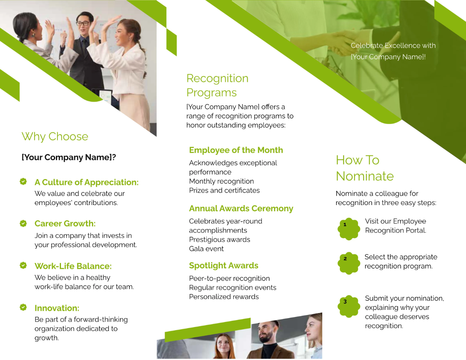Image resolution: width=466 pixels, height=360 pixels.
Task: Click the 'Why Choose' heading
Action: [x=55, y=137]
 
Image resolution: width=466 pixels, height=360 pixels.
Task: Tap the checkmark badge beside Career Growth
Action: [x=23, y=223]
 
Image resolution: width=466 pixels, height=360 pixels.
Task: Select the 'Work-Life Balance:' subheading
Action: [x=73, y=266]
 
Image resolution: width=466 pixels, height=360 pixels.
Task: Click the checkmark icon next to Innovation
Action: [x=23, y=307]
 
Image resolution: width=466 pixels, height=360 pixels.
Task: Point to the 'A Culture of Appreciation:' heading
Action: [x=86, y=182]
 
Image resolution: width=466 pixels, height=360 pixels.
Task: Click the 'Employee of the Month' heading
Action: [x=236, y=150]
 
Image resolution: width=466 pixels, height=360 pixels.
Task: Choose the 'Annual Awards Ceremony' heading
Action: [x=241, y=209]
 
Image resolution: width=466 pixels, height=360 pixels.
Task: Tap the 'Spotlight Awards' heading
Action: [x=223, y=266]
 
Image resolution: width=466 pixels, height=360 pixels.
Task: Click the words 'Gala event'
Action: [x=206, y=249]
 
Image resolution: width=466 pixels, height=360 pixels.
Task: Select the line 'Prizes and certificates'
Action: [x=224, y=190]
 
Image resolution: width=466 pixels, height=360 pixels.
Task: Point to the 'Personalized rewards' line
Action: [x=224, y=297]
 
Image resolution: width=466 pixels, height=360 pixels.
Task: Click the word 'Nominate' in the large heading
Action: [x=365, y=176]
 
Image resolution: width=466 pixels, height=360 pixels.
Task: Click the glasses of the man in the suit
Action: [x=83, y=23]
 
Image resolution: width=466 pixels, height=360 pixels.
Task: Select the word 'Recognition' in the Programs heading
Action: [x=217, y=78]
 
